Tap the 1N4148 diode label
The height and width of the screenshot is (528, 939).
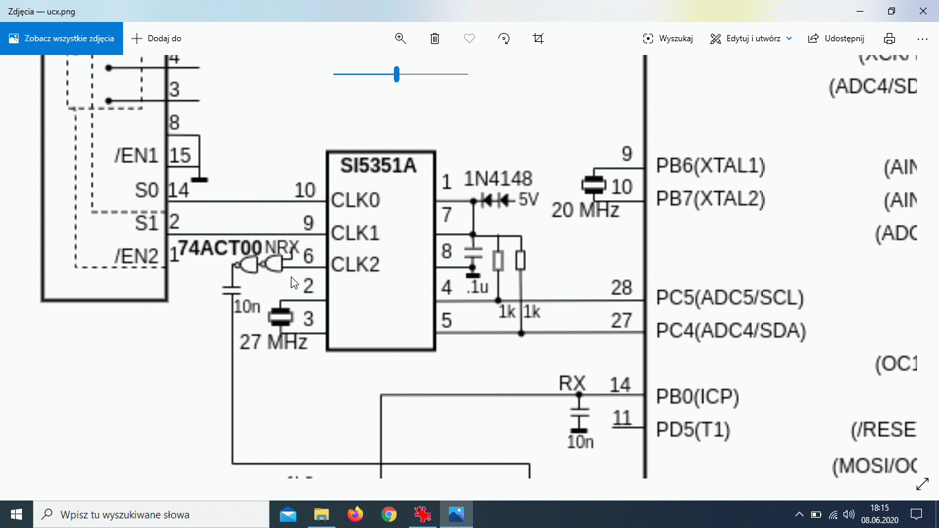click(498, 179)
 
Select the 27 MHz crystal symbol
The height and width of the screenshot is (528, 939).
click(280, 317)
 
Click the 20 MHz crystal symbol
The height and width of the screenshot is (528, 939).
click(593, 184)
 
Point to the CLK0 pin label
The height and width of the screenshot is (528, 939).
click(355, 201)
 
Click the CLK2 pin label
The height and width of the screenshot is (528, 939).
click(355, 264)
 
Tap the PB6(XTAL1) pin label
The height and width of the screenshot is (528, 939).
click(710, 166)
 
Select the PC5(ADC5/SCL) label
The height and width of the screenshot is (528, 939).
click(729, 298)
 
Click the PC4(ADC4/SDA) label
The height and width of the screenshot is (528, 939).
click(731, 331)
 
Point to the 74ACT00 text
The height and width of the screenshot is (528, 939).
click(220, 247)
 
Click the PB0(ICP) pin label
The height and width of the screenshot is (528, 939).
click(697, 397)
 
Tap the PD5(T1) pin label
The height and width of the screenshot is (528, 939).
click(693, 430)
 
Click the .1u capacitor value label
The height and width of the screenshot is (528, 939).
click(476, 287)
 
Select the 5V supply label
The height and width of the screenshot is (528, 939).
click(529, 200)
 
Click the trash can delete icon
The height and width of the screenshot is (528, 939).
click(434, 38)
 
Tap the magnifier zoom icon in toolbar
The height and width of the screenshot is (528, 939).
click(401, 38)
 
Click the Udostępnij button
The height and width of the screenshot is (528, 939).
click(836, 38)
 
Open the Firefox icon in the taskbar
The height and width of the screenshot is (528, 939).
click(355, 514)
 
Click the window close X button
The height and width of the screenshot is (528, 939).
click(923, 11)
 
